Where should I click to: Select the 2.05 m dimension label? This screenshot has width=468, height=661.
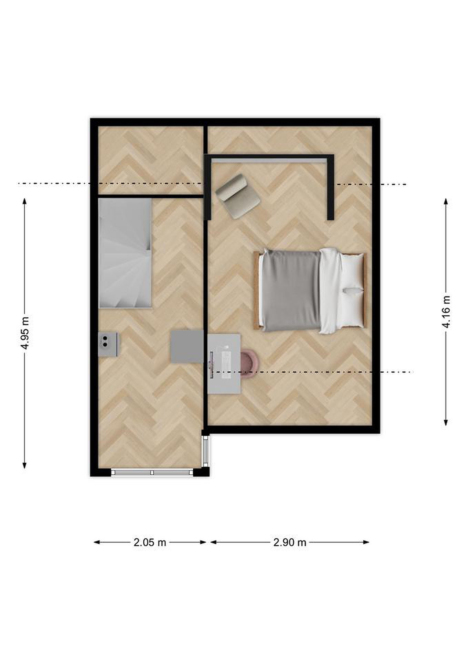[x=150, y=543]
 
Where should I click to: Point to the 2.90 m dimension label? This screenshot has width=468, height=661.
[x=290, y=543]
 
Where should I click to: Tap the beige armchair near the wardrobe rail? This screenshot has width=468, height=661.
[x=238, y=196]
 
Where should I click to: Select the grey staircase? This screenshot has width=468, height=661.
[x=125, y=253]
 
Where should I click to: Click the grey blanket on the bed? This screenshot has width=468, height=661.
[x=291, y=291]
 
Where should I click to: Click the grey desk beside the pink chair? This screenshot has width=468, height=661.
[x=224, y=364]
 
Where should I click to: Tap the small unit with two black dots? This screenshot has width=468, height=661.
[x=108, y=344]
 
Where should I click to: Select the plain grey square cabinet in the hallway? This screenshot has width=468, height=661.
[x=187, y=346]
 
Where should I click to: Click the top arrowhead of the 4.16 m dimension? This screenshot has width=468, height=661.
[x=446, y=201]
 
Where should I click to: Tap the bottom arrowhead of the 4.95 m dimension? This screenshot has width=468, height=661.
[x=25, y=465]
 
